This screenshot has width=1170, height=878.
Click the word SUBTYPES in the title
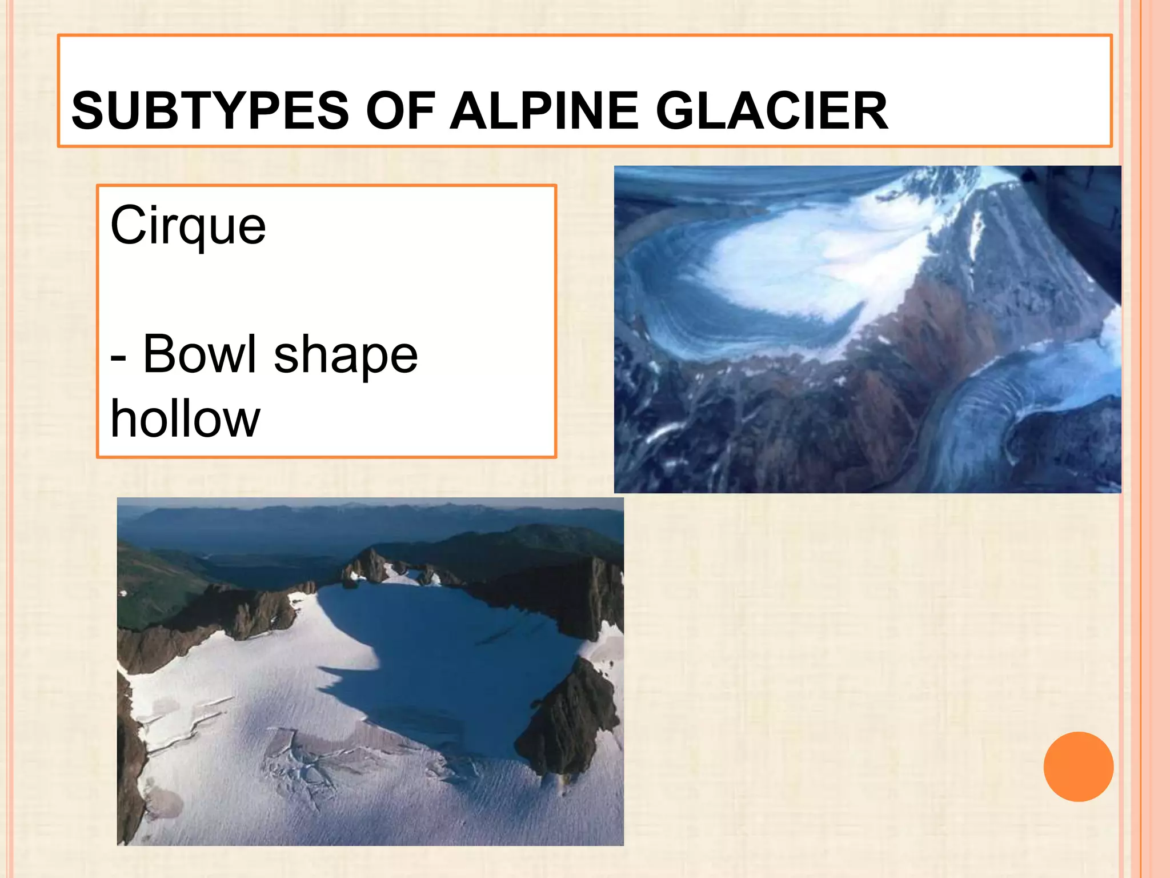click(210, 110)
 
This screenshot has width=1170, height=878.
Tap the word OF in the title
click(400, 110)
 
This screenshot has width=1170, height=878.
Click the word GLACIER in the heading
click(771, 110)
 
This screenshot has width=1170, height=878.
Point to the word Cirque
click(188, 226)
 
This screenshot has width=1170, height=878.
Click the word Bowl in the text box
click(199, 354)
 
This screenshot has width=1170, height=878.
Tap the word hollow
click(185, 419)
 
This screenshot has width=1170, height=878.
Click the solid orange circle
click(1078, 767)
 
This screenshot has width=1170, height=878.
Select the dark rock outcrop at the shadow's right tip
click(571, 720)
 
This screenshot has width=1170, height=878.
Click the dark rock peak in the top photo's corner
click(1080, 217)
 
